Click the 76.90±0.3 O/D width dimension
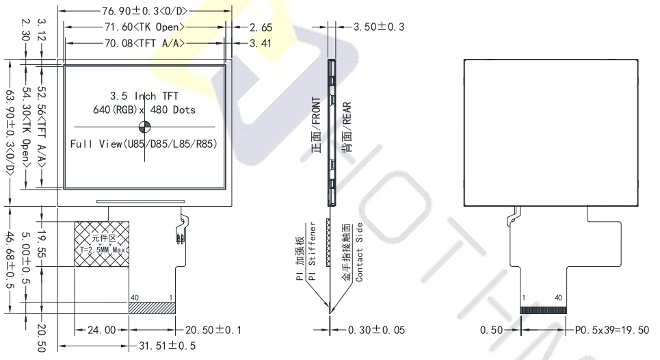pos(144,11)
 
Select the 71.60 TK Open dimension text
pos(145,27)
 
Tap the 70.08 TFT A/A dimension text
pos(145,43)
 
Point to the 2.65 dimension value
pos(261,28)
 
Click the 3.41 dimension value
pos(261,43)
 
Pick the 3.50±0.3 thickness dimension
pos(379,27)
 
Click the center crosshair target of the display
pos(144,127)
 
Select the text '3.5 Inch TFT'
pos(144,96)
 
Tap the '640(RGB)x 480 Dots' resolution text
pos(144,110)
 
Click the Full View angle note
pos(144,144)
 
